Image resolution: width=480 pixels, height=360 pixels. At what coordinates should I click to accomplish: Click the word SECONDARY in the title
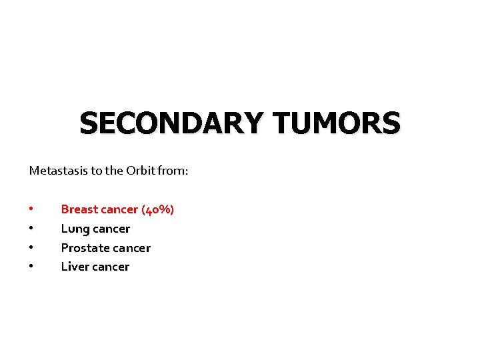pos(171,124)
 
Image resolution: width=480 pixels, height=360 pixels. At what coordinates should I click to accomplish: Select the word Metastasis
pos(57,171)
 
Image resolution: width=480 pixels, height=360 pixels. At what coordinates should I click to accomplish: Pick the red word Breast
pos(79,209)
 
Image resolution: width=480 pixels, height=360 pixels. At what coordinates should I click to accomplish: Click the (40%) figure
pos(157,209)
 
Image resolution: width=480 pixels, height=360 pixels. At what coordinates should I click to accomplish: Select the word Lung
pos(73,229)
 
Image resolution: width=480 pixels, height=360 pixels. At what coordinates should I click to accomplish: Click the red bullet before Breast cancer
pos(31,209)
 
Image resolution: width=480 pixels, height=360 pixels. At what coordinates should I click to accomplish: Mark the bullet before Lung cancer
pos(31,229)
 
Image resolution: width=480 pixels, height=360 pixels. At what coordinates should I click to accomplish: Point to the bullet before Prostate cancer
pos(31,248)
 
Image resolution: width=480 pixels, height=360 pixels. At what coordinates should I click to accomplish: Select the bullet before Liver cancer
pos(31,267)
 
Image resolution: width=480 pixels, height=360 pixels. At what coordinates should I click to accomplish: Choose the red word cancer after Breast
pos(119,209)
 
